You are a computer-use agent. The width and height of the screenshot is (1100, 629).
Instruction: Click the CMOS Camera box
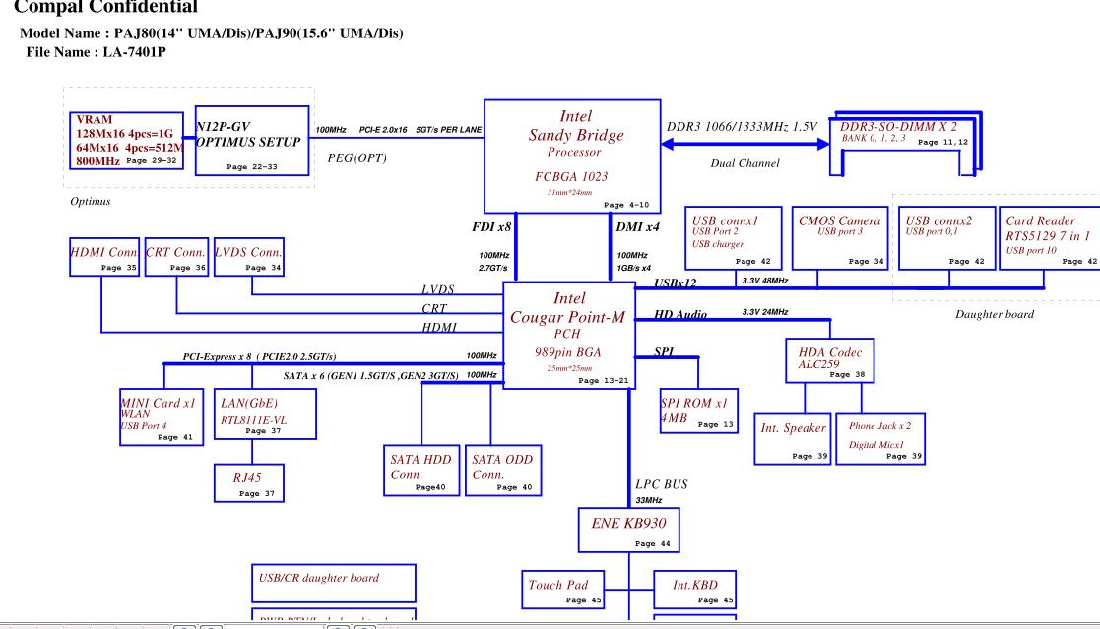[x=840, y=236]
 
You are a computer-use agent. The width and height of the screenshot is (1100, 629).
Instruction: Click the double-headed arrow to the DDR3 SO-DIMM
[x=745, y=145]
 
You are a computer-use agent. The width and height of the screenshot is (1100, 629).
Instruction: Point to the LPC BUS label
[x=660, y=484]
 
